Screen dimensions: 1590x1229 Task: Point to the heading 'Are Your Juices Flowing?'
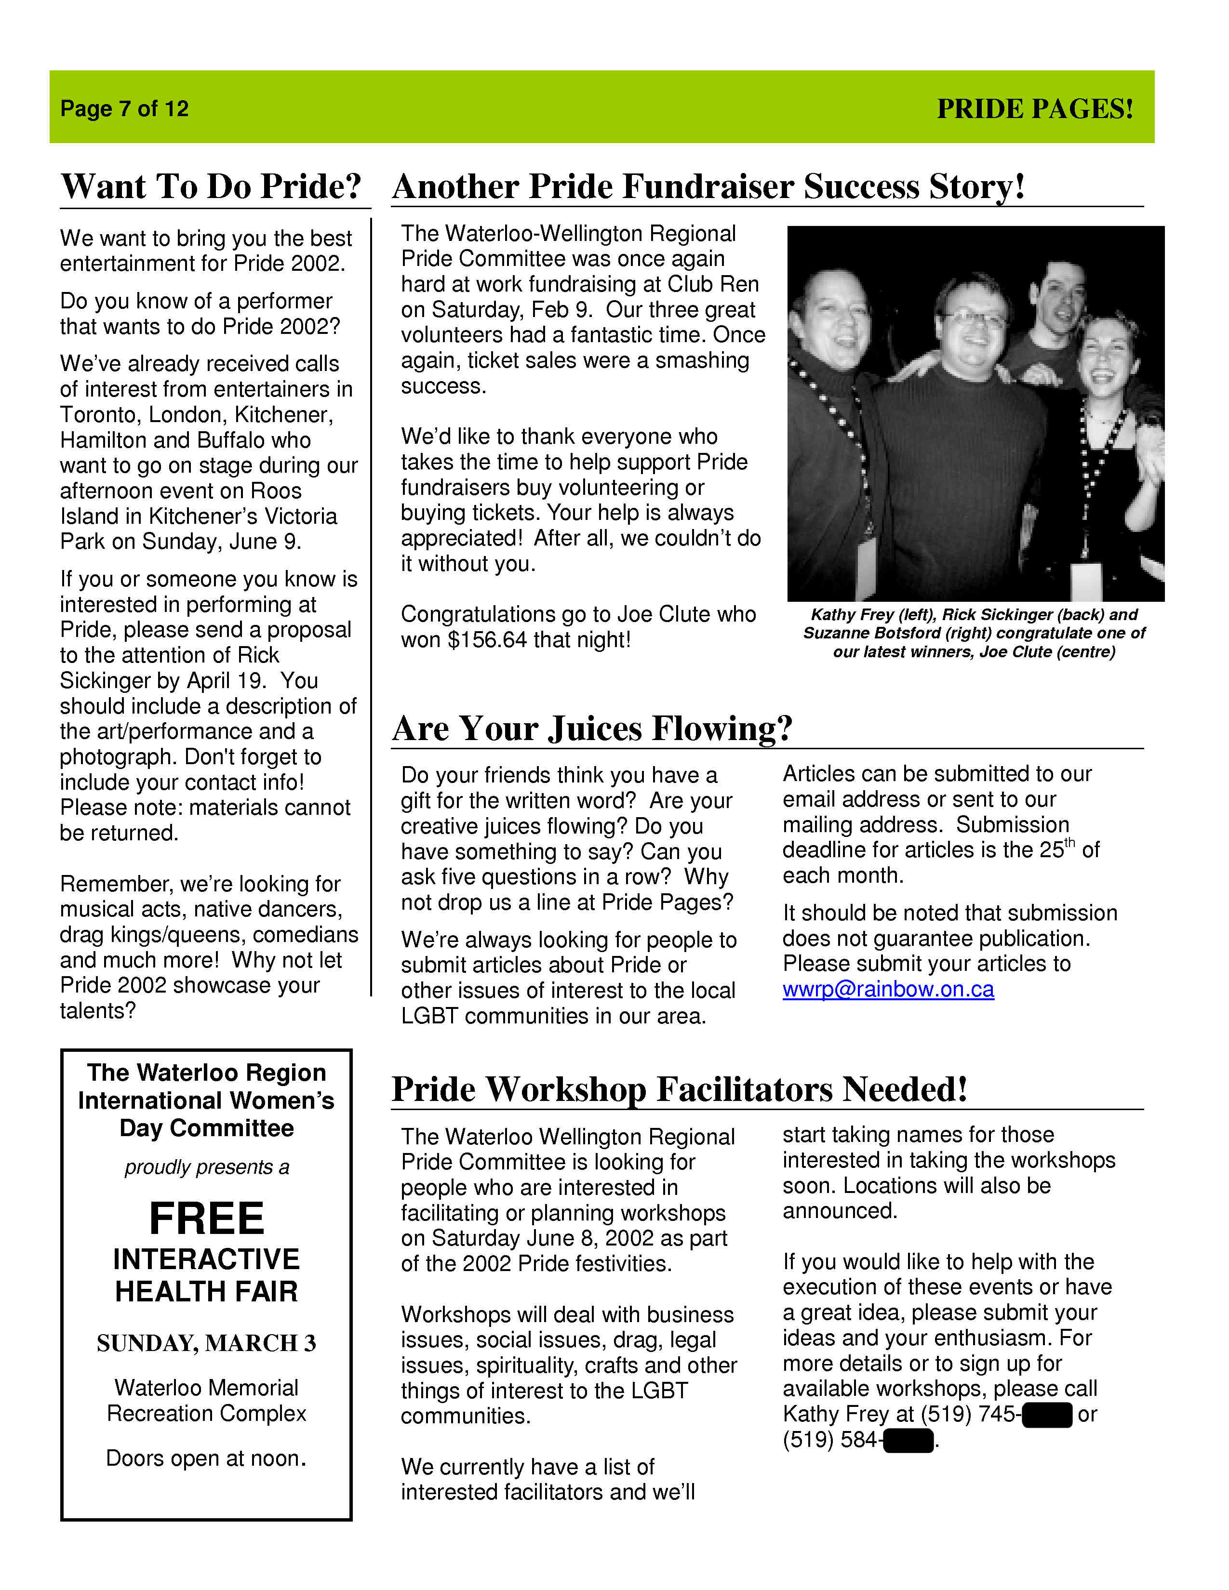tap(592, 728)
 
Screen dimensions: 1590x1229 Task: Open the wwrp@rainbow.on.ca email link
tap(888, 989)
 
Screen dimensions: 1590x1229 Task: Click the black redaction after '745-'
tap(1047, 1415)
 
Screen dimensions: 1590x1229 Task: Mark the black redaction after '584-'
tap(908, 1440)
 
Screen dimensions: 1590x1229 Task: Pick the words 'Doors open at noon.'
tap(207, 1458)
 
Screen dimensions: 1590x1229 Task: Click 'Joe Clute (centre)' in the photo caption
tap(1047, 651)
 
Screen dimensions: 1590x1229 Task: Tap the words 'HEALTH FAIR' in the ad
tap(207, 1291)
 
